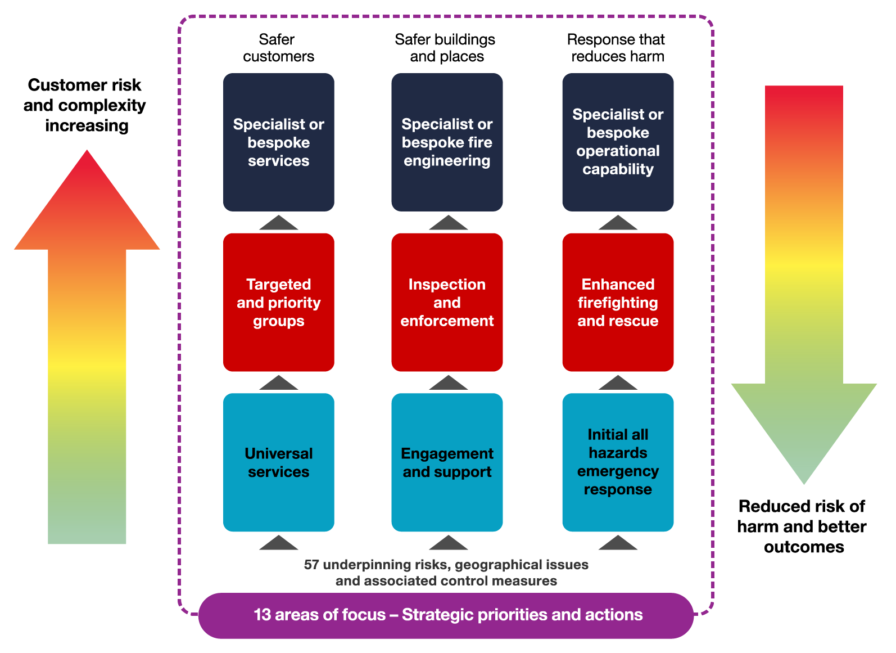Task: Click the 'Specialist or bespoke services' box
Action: click(x=278, y=142)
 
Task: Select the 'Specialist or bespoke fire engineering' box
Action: click(x=447, y=142)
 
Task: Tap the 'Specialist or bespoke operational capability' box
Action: click(x=618, y=142)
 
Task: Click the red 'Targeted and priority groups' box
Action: click(x=278, y=302)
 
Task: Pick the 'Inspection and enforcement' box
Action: click(x=447, y=302)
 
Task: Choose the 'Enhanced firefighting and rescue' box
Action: click(x=618, y=302)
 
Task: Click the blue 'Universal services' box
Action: click(x=278, y=462)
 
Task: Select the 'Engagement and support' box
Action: click(x=447, y=462)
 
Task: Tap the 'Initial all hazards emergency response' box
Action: click(x=618, y=462)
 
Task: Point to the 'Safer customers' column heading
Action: click(x=278, y=48)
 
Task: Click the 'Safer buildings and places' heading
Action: click(x=445, y=48)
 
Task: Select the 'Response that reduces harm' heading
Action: click(x=617, y=48)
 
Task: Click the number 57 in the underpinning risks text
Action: click(x=311, y=565)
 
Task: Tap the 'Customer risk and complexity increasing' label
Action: click(x=85, y=105)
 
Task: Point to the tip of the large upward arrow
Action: click(x=87, y=153)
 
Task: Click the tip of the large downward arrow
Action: click(x=804, y=480)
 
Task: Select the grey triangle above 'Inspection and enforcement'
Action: click(x=448, y=223)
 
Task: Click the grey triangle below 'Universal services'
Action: click(x=279, y=543)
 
